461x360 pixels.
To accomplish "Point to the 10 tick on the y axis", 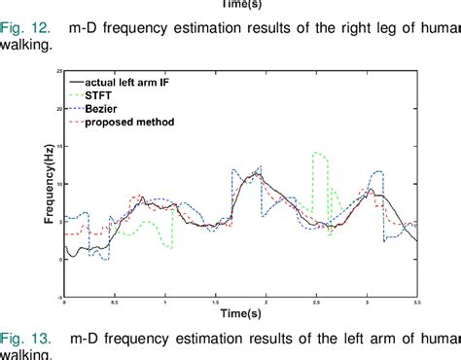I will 58,184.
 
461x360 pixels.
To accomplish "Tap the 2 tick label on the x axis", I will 266,303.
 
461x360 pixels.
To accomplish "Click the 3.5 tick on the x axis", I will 417,303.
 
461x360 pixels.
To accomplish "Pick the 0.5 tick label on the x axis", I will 115,303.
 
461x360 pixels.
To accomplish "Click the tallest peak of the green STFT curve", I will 316,153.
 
